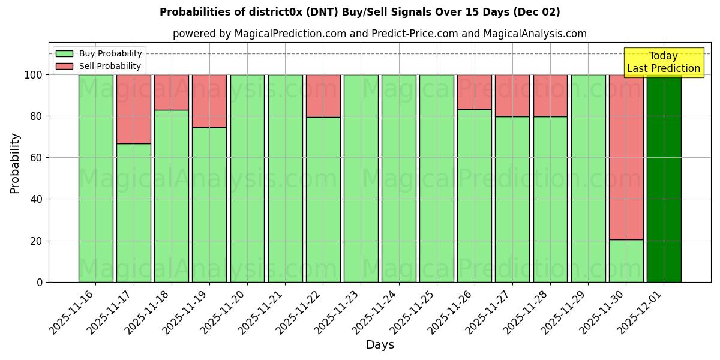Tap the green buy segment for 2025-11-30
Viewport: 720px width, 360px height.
click(x=626, y=261)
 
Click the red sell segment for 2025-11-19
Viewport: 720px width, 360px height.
click(x=209, y=101)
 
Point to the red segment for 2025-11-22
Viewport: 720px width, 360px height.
click(x=323, y=95)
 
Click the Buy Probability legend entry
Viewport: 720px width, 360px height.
click(x=99, y=53)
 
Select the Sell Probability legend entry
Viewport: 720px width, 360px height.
click(x=99, y=66)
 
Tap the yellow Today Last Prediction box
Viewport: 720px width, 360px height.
click(x=663, y=62)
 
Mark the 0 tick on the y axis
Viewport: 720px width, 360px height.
click(x=40, y=282)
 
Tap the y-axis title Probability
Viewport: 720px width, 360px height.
click(x=15, y=163)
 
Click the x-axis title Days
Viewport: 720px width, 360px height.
click(x=380, y=345)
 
